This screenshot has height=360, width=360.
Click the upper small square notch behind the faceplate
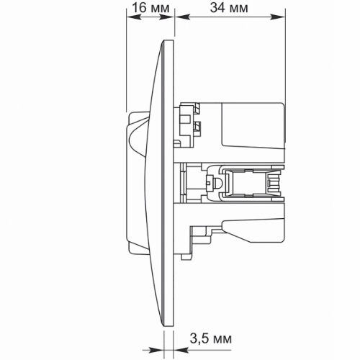point(197,109)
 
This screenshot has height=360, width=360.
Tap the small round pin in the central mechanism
point(213,186)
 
